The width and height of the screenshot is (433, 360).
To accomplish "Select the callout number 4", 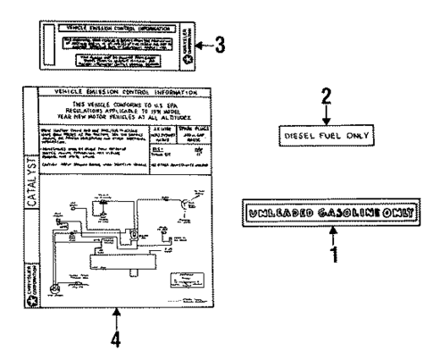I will click(x=117, y=339).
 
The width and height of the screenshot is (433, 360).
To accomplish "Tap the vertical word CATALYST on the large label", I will click(x=32, y=201).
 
